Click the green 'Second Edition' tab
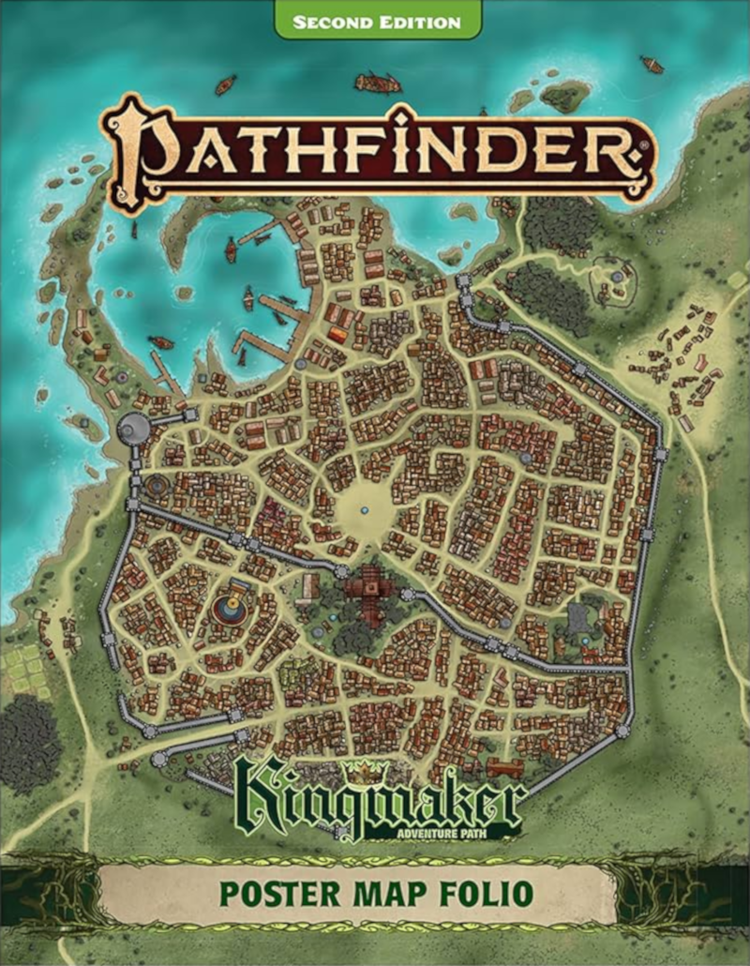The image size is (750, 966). (x=377, y=21)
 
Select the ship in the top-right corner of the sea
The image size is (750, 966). (x=652, y=65)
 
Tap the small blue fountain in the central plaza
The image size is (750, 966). (x=364, y=509)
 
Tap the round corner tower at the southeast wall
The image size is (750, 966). (x=622, y=730)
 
